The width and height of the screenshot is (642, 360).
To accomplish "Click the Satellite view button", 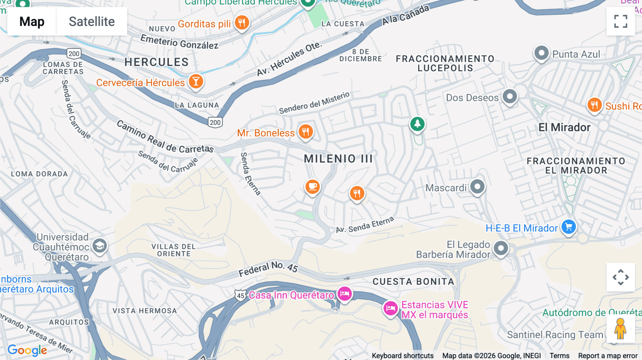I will [92, 21].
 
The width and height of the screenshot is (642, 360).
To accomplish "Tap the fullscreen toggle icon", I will [621, 21].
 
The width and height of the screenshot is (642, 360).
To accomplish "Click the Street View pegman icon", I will [620, 329].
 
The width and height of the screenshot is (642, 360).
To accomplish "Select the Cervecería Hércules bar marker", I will [196, 81].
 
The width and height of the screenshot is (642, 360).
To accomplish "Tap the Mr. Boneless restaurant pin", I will [305, 132].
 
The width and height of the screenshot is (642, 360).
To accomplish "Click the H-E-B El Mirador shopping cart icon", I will [569, 227].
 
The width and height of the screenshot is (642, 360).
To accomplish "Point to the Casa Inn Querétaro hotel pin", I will [345, 294].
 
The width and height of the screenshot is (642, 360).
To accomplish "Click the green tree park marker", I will [417, 124].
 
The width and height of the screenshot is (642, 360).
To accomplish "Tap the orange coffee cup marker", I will [312, 186].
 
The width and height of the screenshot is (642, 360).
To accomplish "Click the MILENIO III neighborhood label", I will [338, 159].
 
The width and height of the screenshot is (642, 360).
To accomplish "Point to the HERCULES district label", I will [156, 62].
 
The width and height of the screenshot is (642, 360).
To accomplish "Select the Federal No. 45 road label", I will [268, 269].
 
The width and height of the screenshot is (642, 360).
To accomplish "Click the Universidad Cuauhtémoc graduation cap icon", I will [100, 246].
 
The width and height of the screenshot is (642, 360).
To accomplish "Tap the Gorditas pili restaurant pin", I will [242, 23].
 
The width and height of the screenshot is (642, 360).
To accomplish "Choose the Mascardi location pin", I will [477, 186].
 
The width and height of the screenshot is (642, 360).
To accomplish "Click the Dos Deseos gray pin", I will [510, 96].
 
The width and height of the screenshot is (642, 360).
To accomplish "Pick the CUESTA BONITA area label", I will [413, 282].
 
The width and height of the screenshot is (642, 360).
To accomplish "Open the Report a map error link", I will [608, 356].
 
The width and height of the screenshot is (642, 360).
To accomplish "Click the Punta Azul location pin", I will [541, 53].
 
